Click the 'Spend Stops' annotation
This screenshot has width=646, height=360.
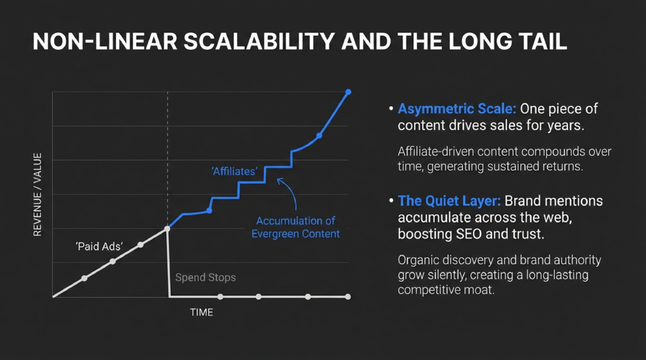[205, 277]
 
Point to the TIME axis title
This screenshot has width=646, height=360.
[202, 312]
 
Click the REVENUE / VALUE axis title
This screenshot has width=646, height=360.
[37, 194]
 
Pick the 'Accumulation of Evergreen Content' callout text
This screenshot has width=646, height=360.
[295, 228]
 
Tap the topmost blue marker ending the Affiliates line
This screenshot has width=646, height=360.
[348, 92]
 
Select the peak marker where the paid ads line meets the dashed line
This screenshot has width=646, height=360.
[167, 228]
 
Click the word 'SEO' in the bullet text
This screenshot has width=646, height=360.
[484, 235]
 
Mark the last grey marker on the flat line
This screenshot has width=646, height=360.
[348, 296]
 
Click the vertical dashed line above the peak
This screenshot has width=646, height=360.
[167, 158]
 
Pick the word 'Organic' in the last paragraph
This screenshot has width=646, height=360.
[417, 260]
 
